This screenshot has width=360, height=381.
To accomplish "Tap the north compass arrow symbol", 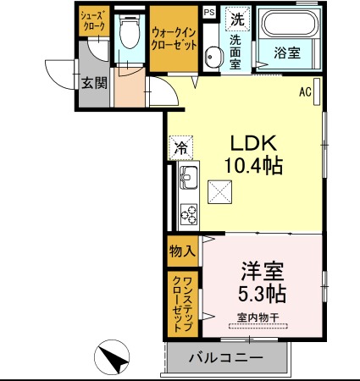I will [114, 358].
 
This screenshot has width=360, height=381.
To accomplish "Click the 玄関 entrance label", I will [94, 82].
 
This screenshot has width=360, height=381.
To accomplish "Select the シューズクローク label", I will [93, 21].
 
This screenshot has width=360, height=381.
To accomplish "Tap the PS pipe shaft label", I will [209, 11].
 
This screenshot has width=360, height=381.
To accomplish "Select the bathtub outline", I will [289, 25].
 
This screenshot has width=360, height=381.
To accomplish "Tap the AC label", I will [306, 91].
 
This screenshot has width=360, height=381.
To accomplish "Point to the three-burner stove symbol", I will [189, 214].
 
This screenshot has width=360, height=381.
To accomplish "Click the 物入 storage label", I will [182, 251].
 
